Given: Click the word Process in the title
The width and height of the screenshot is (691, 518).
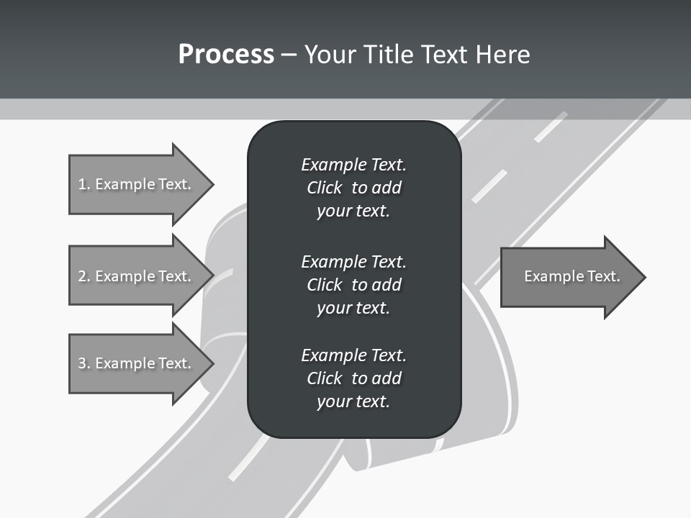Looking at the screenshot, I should click(x=226, y=55).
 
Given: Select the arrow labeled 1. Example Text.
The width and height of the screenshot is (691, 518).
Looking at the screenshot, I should click(x=137, y=184).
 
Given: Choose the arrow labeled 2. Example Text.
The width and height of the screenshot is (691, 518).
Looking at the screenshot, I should click(x=137, y=276).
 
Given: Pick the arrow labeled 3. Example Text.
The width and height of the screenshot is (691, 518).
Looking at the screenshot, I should click(x=137, y=363).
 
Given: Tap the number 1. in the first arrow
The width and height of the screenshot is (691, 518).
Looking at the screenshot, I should click(x=84, y=184).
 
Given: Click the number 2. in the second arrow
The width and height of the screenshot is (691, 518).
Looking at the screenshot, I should click(x=84, y=276).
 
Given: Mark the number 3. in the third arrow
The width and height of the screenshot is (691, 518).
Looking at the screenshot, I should click(x=84, y=363).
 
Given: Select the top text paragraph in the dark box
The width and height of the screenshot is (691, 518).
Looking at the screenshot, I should click(x=353, y=188).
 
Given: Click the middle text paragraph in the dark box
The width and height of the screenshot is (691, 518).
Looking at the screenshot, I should click(x=353, y=284).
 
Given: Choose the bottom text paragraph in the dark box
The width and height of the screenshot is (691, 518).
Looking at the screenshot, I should click(x=353, y=378).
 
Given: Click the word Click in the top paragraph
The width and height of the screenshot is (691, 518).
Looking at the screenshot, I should click(x=324, y=188).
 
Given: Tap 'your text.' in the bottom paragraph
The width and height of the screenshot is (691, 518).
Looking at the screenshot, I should click(x=353, y=401).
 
